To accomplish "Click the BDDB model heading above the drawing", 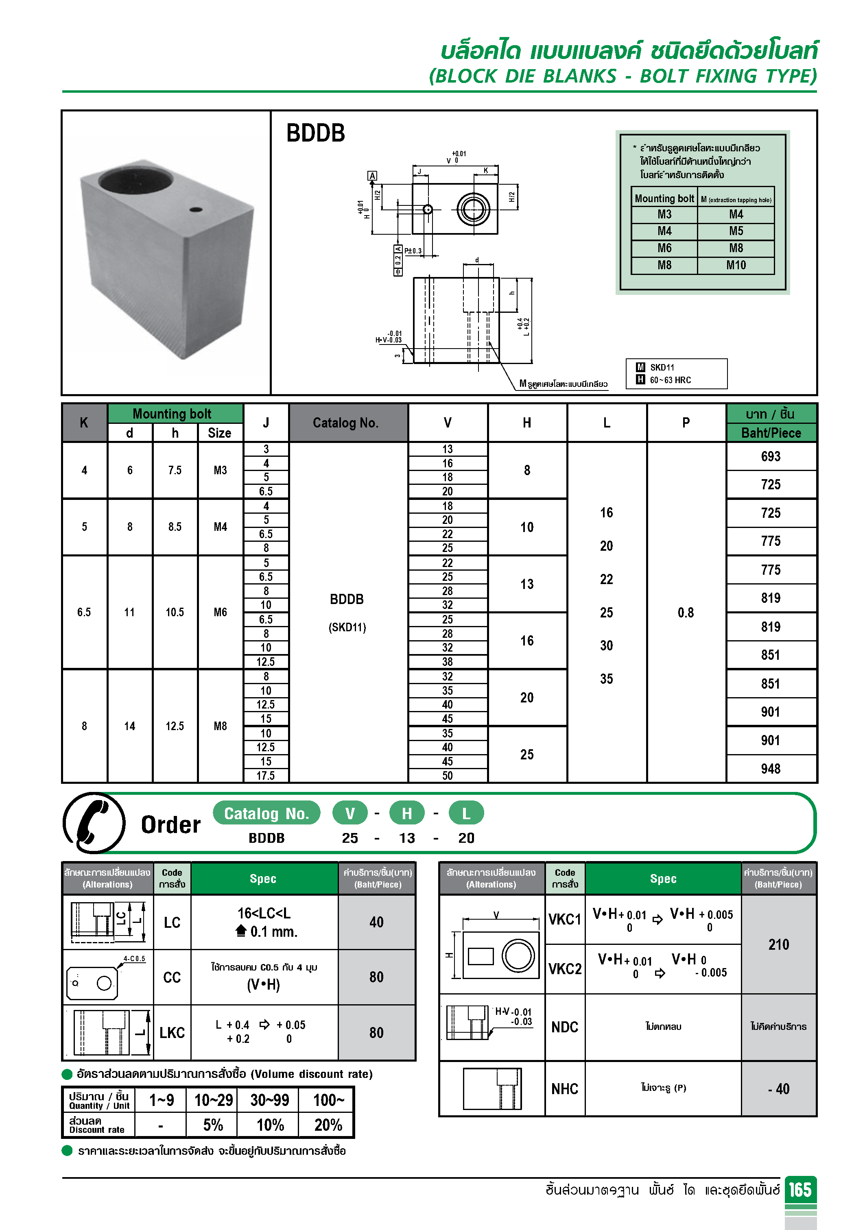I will click(x=315, y=133).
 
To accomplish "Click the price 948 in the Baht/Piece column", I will click(x=770, y=769).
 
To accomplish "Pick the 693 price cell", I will click(x=770, y=456).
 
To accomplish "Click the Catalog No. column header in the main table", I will click(x=346, y=423).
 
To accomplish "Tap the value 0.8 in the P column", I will click(x=686, y=612).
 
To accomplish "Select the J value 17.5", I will click(x=265, y=775).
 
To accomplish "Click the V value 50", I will click(x=447, y=775).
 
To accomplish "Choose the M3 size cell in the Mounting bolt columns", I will click(x=220, y=470).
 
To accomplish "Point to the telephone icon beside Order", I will click(x=94, y=823).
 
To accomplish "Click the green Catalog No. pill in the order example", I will click(x=266, y=813).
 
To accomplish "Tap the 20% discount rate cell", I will click(x=328, y=1125).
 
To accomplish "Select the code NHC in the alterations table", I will click(x=564, y=1088).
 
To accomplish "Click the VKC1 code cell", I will click(x=564, y=920).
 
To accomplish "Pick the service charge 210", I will click(x=778, y=944).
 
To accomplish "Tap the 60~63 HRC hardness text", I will click(x=670, y=380).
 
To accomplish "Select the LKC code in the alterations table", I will click(x=172, y=1032).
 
